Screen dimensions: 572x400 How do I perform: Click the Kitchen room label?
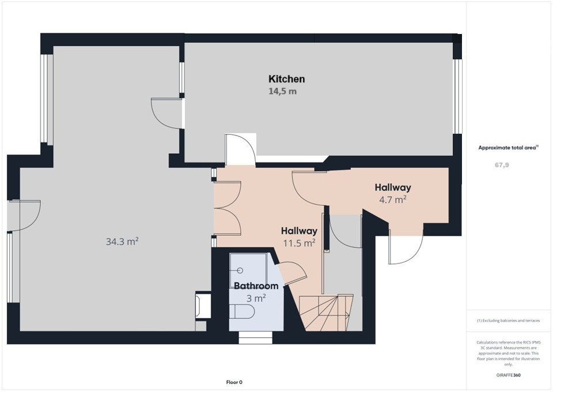[x=286, y=79]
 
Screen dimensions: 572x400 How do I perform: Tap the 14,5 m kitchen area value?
[x=282, y=91]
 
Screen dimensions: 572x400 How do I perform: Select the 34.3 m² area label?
[x=122, y=241]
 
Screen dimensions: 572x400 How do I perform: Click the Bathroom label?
[x=256, y=286]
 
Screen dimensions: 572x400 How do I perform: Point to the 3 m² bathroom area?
[x=256, y=298]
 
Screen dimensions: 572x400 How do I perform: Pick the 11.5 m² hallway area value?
[x=299, y=243]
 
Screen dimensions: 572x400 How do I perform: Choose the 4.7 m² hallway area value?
[x=393, y=199]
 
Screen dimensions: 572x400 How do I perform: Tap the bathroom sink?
[x=240, y=270]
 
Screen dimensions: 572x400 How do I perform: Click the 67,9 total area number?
[x=502, y=165]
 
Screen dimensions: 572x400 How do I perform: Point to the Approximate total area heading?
[x=508, y=148]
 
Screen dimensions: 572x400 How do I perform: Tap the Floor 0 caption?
[x=234, y=383]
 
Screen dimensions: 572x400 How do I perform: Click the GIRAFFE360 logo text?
[x=508, y=375]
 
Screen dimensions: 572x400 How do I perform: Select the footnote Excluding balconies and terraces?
[x=508, y=321]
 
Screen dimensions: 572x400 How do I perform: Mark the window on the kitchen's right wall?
[x=457, y=96]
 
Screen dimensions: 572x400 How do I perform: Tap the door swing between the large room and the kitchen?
[x=166, y=113]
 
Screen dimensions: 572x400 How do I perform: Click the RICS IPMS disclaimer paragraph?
[x=508, y=353]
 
